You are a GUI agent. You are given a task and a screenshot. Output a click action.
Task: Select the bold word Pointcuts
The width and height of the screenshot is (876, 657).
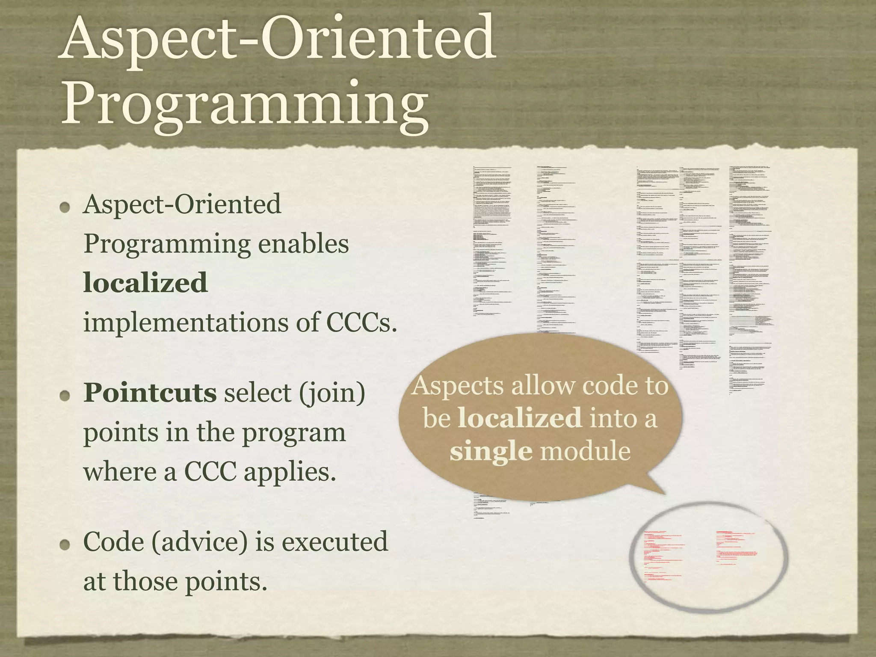pyautogui.click(x=150, y=393)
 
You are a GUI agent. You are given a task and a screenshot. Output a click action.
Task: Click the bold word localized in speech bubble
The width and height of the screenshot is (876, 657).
pyautogui.click(x=520, y=418)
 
